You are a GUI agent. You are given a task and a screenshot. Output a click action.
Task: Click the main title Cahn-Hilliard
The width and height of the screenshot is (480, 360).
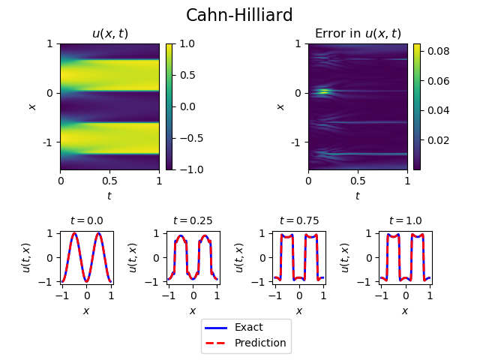tap(239, 15)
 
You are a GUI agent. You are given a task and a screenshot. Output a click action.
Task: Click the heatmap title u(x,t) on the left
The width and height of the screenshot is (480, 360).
tap(109, 34)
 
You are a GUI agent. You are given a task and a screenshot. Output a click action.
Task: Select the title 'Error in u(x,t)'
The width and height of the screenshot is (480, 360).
tap(358, 34)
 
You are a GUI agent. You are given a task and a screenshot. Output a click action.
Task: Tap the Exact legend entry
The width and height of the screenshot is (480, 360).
tap(248, 327)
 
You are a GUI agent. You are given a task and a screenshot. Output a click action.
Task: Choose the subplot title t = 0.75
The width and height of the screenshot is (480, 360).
tap(298, 220)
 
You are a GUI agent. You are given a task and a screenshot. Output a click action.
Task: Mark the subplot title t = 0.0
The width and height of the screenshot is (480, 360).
tap(86, 220)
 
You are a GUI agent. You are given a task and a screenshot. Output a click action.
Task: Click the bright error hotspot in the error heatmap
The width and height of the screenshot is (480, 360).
tap(323, 92)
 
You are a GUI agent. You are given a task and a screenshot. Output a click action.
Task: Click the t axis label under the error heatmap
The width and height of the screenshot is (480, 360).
tap(357, 196)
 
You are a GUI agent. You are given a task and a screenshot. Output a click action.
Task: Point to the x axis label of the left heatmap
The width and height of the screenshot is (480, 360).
tap(32, 106)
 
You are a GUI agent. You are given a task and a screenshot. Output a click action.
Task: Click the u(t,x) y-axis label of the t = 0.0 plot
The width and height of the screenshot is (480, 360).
tap(27, 257)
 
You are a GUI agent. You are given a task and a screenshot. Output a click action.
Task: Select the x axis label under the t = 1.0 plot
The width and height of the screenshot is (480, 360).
tap(405, 310)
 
